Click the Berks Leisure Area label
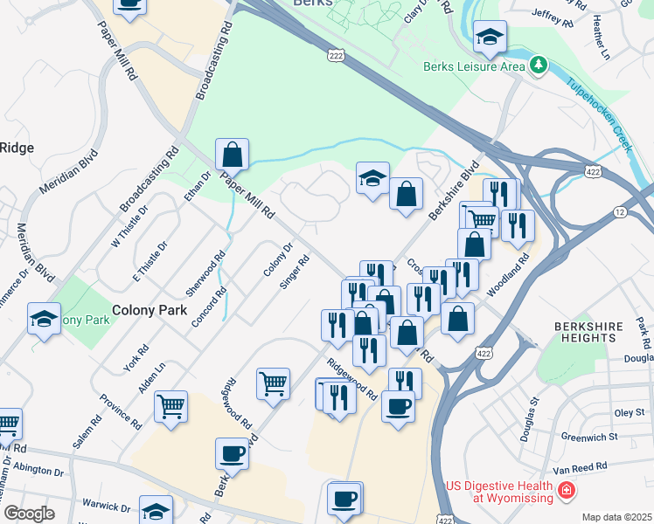(x=474, y=66)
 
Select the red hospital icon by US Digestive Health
(x=566, y=492)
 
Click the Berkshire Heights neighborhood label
(x=588, y=332)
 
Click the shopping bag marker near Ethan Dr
(x=233, y=155)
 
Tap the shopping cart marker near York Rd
(x=170, y=406)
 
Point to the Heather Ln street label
(x=601, y=36)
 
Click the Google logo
(x=28, y=513)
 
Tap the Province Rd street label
(x=121, y=410)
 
